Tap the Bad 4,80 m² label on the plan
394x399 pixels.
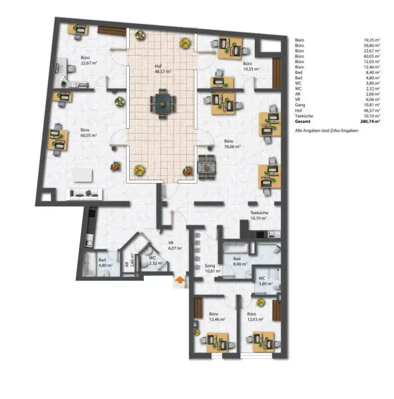(102, 263)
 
